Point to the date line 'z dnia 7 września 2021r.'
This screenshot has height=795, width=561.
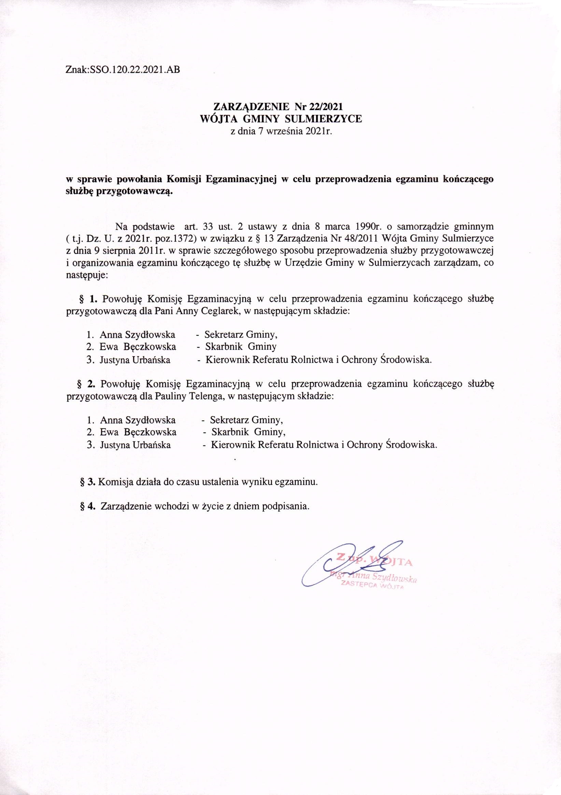click(281, 131)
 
